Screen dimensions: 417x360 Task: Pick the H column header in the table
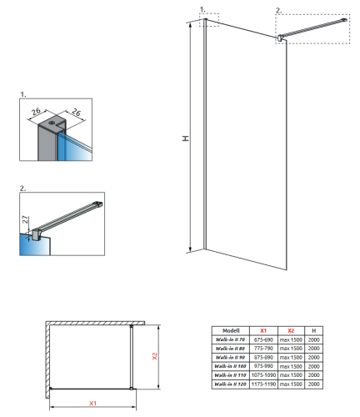point(312,330)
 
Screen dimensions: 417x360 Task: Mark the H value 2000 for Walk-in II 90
point(312,357)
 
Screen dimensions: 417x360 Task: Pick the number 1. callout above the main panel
point(202,9)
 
